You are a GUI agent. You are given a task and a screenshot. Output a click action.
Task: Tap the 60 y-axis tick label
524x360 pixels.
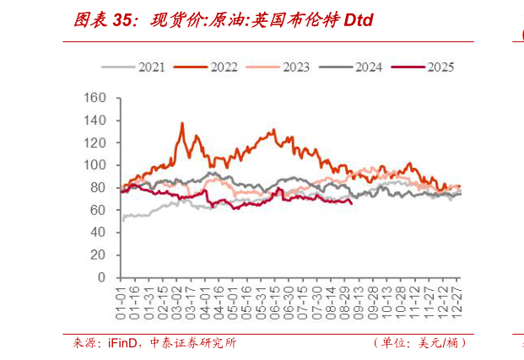click(x=98, y=210)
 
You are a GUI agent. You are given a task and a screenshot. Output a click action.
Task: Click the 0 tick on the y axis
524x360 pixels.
click(x=101, y=277)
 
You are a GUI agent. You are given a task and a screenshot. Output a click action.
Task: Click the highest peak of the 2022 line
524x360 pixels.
click(x=181, y=123)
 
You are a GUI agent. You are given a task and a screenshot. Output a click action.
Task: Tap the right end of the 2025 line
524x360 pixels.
click(x=352, y=202)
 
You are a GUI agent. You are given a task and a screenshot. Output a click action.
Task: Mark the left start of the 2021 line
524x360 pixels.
click(x=122, y=220)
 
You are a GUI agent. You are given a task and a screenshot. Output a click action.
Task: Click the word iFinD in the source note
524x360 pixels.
click(x=116, y=343)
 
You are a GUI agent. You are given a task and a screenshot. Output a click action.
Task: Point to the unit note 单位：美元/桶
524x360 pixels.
click(x=419, y=343)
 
